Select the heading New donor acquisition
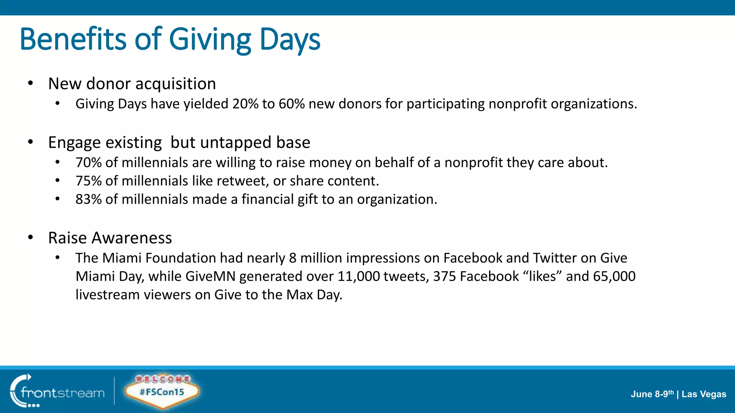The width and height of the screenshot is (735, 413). (132, 84)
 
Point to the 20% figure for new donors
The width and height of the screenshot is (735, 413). (245, 104)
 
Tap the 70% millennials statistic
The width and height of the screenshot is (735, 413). (89, 163)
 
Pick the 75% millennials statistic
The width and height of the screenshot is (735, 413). (89, 181)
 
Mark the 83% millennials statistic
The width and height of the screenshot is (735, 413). (89, 199)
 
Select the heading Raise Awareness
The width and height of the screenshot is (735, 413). (110, 238)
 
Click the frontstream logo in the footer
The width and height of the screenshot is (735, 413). (57, 391)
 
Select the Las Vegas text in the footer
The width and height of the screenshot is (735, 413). (704, 394)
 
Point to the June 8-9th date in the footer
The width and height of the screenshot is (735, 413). (652, 394)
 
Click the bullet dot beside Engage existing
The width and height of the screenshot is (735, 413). (31, 142)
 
